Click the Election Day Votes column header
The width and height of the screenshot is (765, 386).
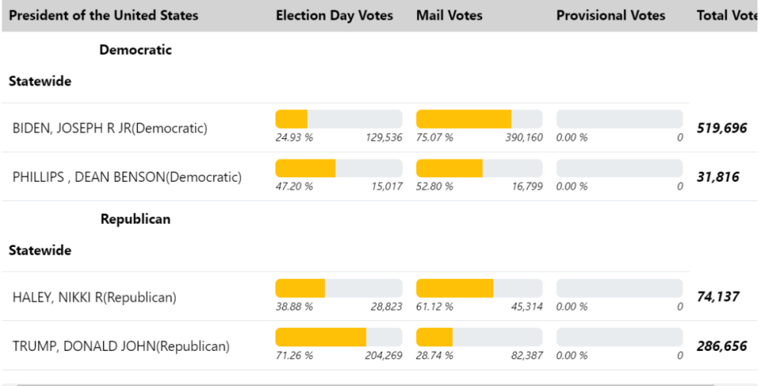coord(334,15)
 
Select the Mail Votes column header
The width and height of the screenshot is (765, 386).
coord(449,15)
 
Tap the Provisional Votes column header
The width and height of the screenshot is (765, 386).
coord(610,15)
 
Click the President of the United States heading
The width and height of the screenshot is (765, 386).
coord(103,15)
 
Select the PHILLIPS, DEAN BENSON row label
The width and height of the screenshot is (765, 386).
coord(126,177)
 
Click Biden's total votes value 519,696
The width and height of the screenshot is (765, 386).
coord(721,128)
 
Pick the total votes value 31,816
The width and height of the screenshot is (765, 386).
coord(718,177)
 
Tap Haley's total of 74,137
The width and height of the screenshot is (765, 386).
coord(718,297)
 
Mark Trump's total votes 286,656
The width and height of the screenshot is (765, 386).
coord(721,345)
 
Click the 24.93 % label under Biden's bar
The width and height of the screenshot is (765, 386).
coord(294,138)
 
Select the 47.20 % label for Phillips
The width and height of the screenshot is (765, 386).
coord(294,187)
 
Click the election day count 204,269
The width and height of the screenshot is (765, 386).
coord(382,356)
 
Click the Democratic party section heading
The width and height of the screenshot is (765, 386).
coord(135,50)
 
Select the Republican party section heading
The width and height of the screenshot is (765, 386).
coord(135,219)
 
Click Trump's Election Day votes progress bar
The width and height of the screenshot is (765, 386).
coord(338,337)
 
